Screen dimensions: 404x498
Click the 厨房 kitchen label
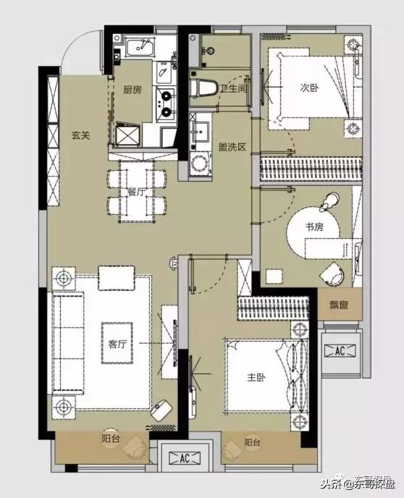click(132, 90)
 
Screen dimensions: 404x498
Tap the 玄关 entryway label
click(81, 135)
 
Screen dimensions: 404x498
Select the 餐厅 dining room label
click(136, 192)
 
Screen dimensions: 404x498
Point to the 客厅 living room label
click(117, 344)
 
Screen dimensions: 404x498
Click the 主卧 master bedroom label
click(256, 377)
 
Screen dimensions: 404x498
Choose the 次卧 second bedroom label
click(310, 88)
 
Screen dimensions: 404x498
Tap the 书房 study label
click(314, 227)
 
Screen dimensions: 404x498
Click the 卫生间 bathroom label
click(234, 88)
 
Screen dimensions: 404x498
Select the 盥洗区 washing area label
click(232, 147)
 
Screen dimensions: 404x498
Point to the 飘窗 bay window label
click(339, 305)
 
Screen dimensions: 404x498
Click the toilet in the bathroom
click(203, 88)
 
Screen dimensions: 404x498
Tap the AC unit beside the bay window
click(340, 350)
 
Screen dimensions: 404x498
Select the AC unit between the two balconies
click(185, 457)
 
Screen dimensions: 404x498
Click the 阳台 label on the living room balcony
click(111, 439)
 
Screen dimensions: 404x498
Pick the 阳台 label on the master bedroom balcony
click(253, 442)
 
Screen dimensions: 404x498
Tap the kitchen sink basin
click(140, 48)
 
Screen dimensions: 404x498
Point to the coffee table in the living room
click(117, 343)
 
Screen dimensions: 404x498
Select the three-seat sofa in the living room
click(67, 343)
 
